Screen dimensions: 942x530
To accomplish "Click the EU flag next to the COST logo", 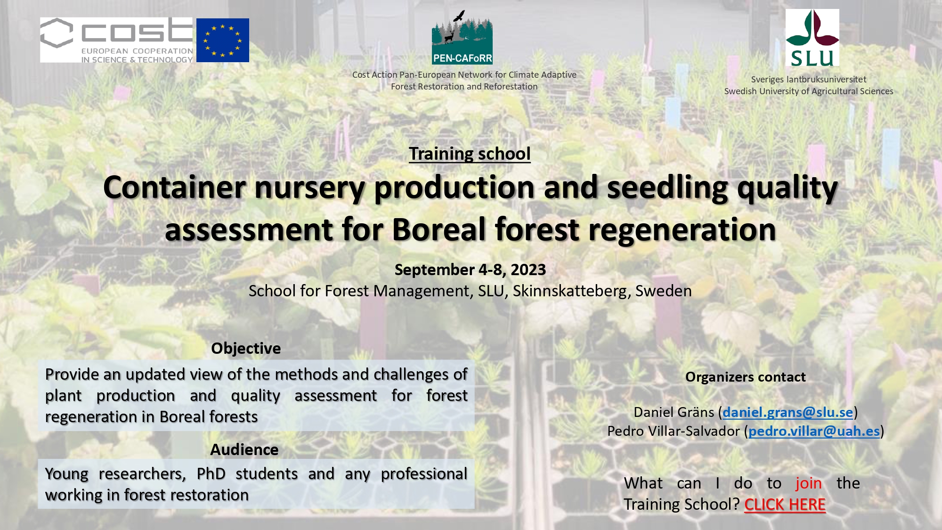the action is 223,40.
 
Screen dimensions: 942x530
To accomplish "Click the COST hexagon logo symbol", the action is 57,33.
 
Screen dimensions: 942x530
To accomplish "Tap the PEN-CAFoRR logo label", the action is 462,58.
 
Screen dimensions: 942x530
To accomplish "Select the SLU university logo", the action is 812,38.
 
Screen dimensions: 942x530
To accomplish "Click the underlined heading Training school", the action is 470,154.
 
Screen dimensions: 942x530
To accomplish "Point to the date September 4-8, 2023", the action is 470,269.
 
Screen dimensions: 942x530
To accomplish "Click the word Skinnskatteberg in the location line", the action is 572,291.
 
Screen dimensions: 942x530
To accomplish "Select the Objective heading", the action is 246,348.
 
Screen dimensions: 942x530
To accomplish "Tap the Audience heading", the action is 244,449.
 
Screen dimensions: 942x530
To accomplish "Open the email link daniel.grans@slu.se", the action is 788,412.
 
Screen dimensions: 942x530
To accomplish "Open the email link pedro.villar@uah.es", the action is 814,431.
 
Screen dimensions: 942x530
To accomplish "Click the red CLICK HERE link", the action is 785,505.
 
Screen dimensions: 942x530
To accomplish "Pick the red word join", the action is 809,483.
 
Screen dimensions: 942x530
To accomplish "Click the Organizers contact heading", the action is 746,377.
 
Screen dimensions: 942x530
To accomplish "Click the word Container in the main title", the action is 174,187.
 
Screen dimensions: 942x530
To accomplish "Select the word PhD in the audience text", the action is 211,473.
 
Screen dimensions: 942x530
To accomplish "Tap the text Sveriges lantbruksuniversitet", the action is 809,79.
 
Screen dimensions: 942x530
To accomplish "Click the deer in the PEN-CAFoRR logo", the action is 450,37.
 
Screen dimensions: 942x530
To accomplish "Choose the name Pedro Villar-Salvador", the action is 674,431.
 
